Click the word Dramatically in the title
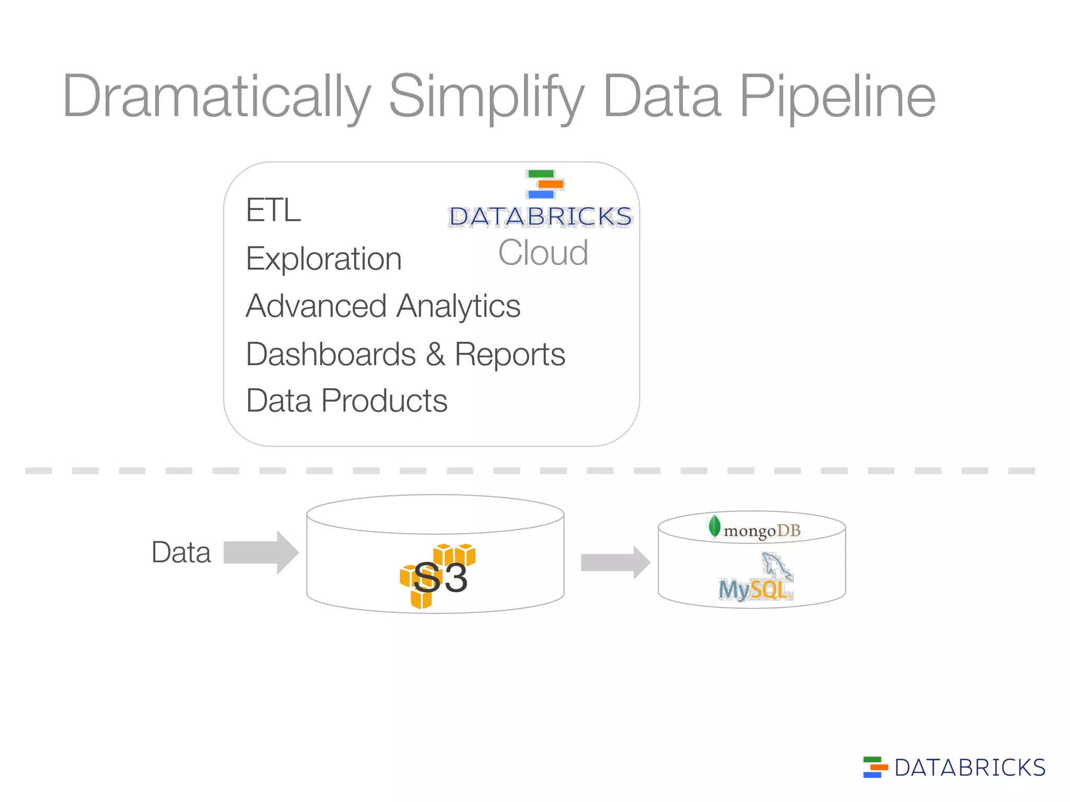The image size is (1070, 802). point(216,97)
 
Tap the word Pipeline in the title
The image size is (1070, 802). point(837,97)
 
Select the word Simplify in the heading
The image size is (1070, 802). point(486,97)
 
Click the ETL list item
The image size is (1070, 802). point(273,210)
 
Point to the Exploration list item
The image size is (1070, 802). point(323,259)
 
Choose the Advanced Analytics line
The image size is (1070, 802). point(383,306)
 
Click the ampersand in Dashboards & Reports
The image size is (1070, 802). point(435,355)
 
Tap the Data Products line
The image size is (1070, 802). point(346,401)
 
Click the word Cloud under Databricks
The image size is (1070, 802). point(543,253)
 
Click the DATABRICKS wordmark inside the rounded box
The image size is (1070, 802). point(540,217)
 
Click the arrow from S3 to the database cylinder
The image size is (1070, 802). point(615,563)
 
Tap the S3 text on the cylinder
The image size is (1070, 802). point(440,578)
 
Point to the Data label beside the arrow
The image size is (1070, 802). point(181,552)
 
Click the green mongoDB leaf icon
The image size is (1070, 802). point(714,526)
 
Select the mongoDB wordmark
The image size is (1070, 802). point(762,531)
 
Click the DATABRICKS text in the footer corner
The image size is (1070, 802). point(970,768)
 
